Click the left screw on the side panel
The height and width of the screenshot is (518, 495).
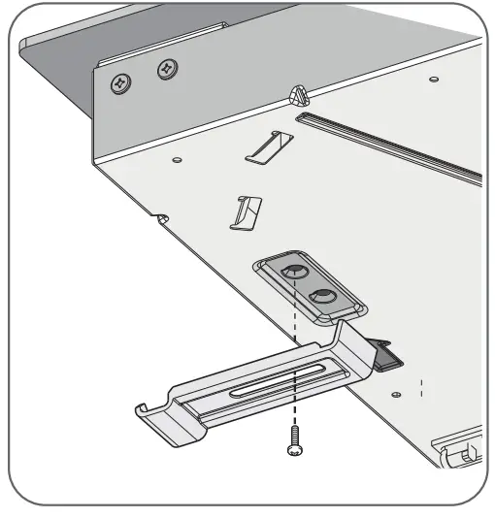120,82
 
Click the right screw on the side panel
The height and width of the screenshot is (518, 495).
167,69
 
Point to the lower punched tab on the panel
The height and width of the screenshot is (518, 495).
245,211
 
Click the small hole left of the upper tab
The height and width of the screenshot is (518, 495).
176,157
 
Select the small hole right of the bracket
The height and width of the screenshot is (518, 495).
396,393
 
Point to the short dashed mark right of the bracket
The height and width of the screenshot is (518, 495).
422,390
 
